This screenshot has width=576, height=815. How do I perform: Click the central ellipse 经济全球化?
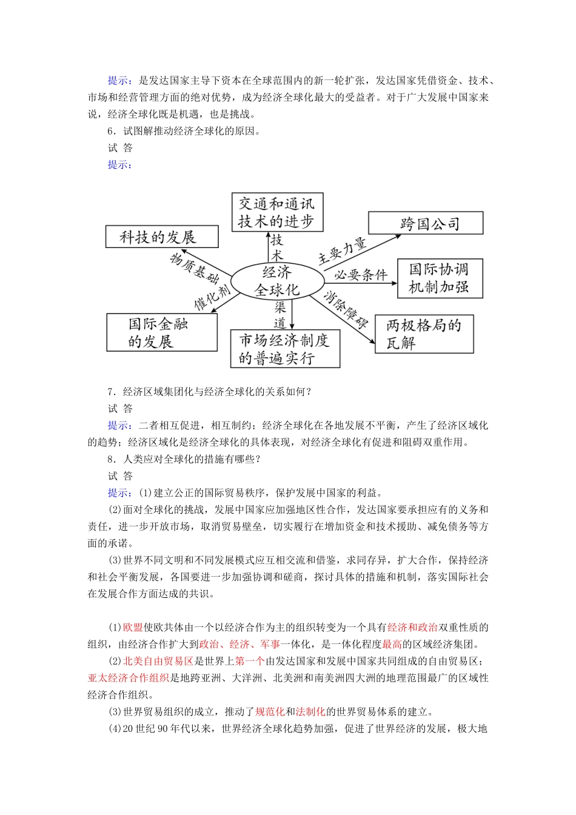click(x=276, y=281)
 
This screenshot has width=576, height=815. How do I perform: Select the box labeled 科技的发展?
click(x=162, y=236)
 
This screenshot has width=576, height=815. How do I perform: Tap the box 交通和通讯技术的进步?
click(x=277, y=212)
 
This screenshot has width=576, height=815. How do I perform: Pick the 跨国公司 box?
click(x=426, y=223)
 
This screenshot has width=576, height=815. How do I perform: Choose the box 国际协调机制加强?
click(x=440, y=278)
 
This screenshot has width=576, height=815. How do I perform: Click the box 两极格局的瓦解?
click(x=424, y=334)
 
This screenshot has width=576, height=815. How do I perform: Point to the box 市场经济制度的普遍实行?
click(x=285, y=349)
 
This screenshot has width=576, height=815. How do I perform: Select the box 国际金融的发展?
click(x=161, y=332)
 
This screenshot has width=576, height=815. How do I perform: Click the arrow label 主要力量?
click(x=343, y=251)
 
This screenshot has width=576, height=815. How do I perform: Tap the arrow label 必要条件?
click(x=361, y=275)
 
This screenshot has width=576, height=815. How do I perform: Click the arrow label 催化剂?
click(x=212, y=297)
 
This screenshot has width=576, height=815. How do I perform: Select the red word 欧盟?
click(x=133, y=628)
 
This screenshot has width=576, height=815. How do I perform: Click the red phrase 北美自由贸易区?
click(x=158, y=661)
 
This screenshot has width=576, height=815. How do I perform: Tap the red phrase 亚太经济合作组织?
click(x=129, y=678)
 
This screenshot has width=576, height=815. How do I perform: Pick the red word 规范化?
click(x=270, y=712)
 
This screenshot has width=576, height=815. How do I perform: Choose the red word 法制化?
click(x=310, y=712)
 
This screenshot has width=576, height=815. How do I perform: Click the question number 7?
click(x=112, y=392)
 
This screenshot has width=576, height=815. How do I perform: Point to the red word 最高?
click(x=392, y=645)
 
